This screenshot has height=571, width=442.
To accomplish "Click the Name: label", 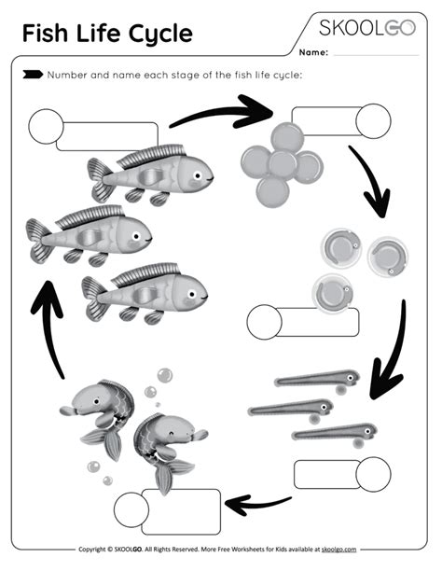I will click(314, 53).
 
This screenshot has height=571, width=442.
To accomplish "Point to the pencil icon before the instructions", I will click(32, 73).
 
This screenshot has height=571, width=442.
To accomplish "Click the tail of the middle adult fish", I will click(38, 238).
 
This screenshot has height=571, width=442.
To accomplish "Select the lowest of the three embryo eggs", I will click(328, 292).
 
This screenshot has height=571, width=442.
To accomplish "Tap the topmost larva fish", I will click(317, 379).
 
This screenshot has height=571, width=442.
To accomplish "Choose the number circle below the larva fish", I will click(374, 474).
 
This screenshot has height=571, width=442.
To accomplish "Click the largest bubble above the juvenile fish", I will click(164, 376).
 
